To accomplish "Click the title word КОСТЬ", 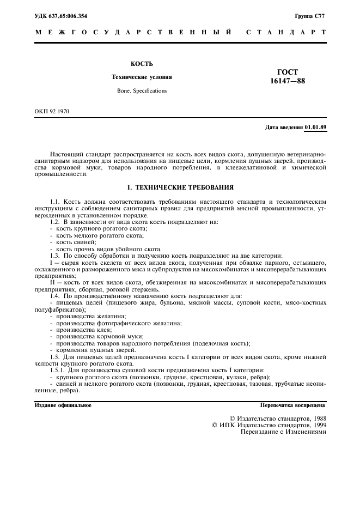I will pos(142,64).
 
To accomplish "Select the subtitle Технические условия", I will pos(142,77).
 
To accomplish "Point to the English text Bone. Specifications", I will pos(142,90).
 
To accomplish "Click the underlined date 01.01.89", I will pos(315,127).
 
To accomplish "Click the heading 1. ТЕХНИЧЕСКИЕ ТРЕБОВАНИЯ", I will pos(180,187).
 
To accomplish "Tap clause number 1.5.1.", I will pos(58,371).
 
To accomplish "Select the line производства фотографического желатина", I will pos(119,323).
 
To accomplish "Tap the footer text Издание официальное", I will pos(63,405).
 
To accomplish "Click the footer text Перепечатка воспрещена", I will pos(294,405).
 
